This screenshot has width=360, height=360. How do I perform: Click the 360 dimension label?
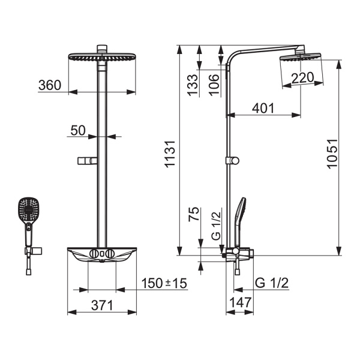point(50,85)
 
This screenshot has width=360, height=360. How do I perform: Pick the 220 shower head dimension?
point(303,77)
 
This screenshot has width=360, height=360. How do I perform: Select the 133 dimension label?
point(193,85)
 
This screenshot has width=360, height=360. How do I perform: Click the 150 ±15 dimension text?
point(164,283)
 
